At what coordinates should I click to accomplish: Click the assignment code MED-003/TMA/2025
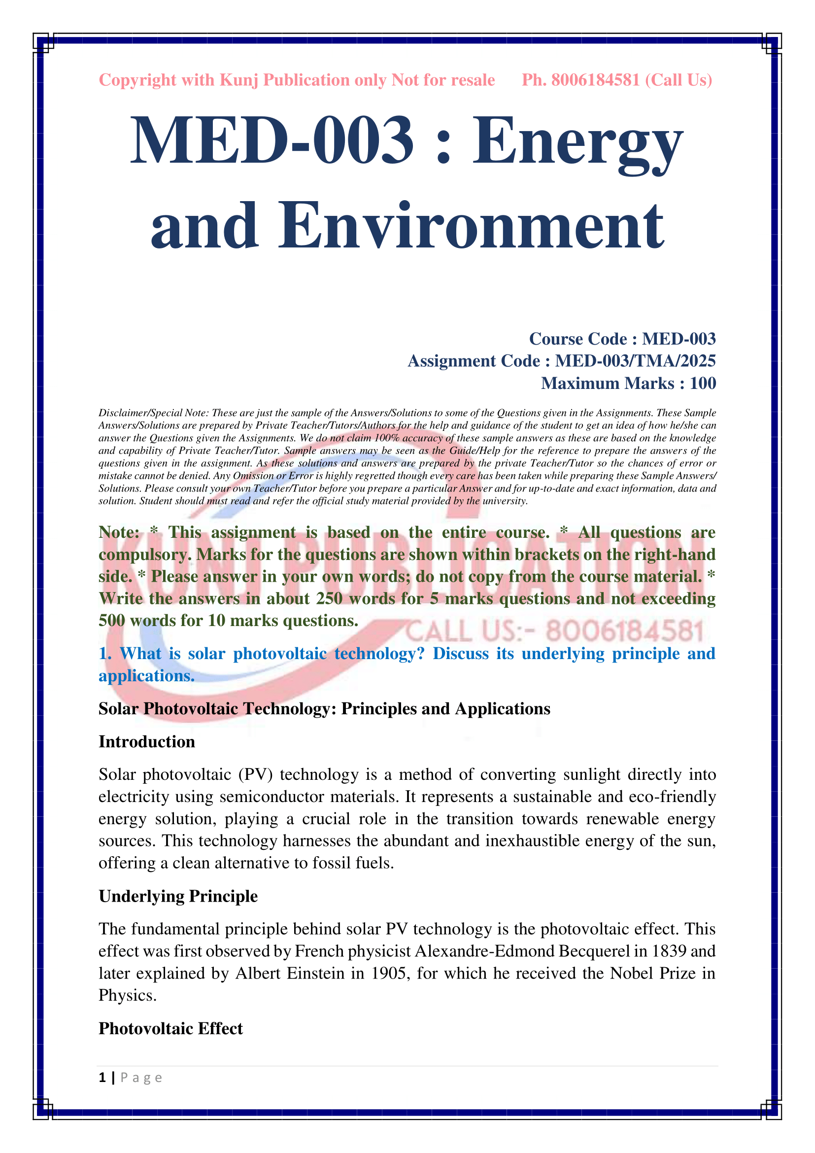click(x=635, y=361)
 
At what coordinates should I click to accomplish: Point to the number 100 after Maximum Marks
click(x=703, y=383)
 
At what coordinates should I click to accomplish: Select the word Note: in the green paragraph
click(x=119, y=532)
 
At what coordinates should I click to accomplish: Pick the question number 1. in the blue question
click(x=105, y=653)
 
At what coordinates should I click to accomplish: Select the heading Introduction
click(x=146, y=742)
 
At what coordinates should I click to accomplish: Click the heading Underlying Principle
click(x=178, y=896)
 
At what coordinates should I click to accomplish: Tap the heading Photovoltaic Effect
click(x=170, y=1028)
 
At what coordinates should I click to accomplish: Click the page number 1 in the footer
click(x=102, y=1078)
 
